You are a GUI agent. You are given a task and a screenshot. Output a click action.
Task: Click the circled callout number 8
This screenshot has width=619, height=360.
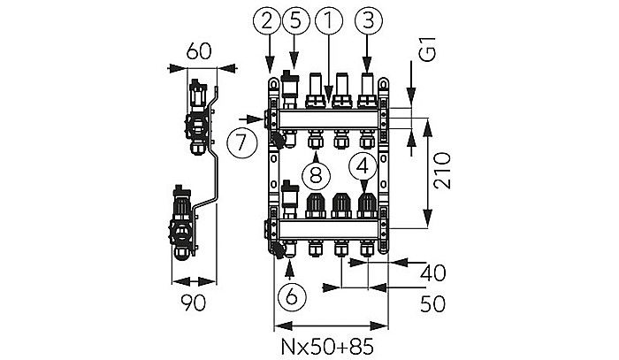316,173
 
